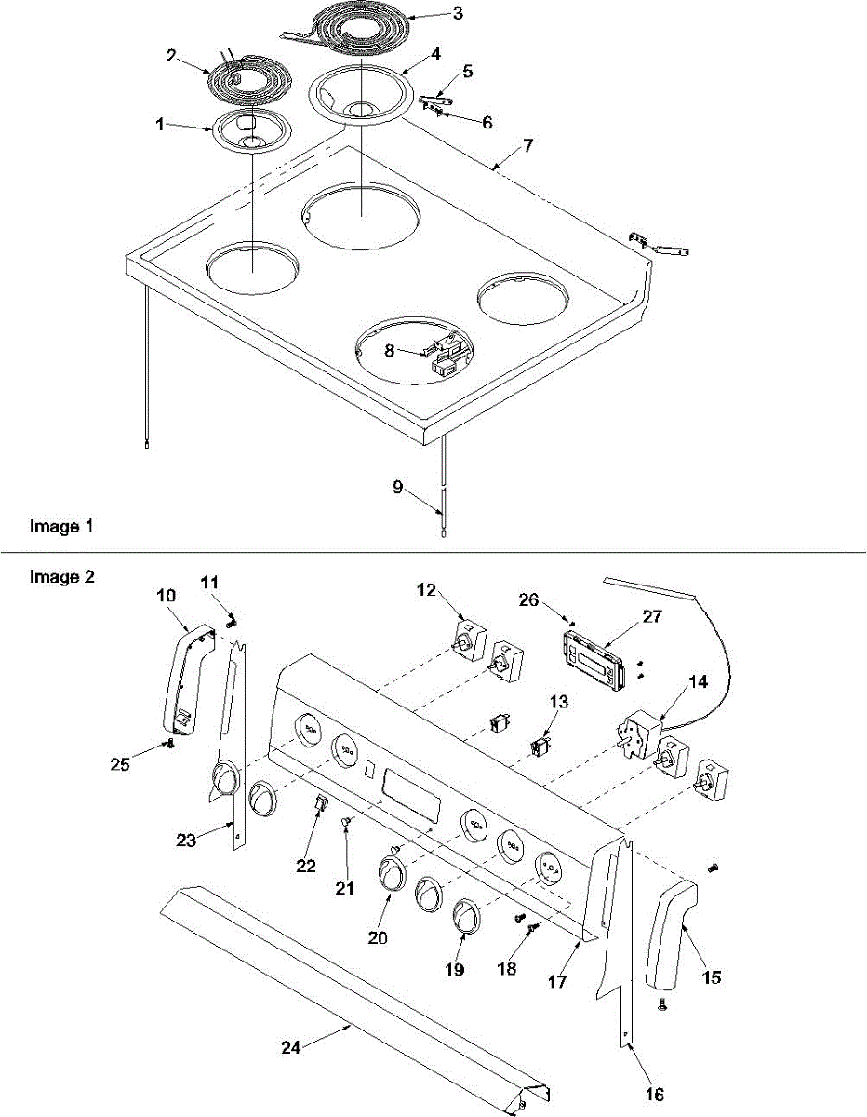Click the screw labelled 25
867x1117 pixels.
(x=169, y=743)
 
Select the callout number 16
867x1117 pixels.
(x=654, y=1095)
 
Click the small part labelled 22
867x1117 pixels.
(x=320, y=805)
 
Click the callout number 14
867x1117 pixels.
(x=697, y=681)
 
